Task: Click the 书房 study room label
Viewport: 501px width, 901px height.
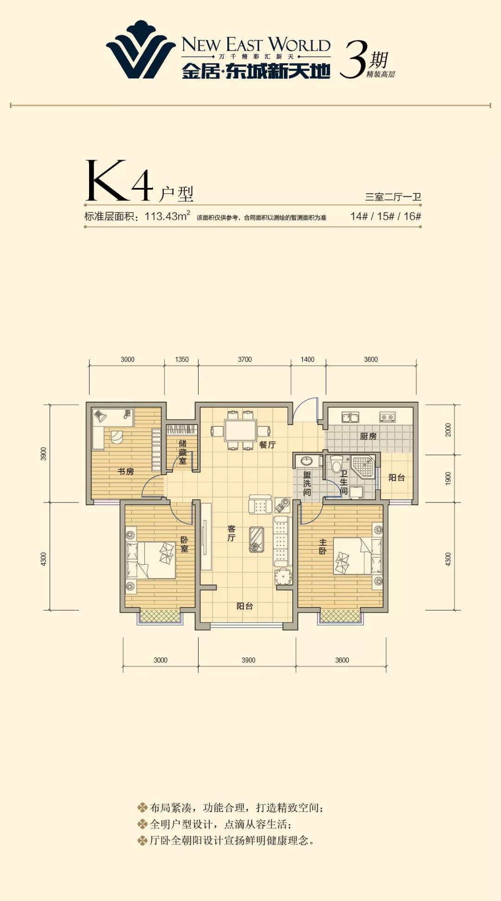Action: click(125, 471)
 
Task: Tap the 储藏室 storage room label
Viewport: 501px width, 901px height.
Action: click(183, 452)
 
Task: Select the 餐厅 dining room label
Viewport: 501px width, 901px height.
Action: click(267, 444)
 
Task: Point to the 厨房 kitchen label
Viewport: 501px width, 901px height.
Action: click(368, 436)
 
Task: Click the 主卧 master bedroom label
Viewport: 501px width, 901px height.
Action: click(323, 547)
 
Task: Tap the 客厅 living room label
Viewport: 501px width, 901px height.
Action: click(231, 534)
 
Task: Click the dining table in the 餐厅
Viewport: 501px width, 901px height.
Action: click(240, 430)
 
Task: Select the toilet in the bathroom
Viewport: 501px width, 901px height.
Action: click(337, 464)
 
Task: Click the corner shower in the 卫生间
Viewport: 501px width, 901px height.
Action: click(363, 467)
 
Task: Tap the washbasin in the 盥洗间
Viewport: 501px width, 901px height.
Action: click(306, 461)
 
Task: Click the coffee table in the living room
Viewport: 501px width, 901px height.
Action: click(257, 539)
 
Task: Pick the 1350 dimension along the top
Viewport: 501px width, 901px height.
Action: click(182, 360)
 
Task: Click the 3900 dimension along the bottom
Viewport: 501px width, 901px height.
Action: click(248, 660)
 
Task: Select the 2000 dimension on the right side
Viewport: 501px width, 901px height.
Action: click(448, 430)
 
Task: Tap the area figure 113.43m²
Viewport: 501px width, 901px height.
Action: click(167, 216)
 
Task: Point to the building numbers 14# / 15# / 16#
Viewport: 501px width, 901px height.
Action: click(385, 216)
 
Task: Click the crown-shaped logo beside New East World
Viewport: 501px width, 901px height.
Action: click(141, 50)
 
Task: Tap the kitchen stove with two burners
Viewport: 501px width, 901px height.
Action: click(387, 418)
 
